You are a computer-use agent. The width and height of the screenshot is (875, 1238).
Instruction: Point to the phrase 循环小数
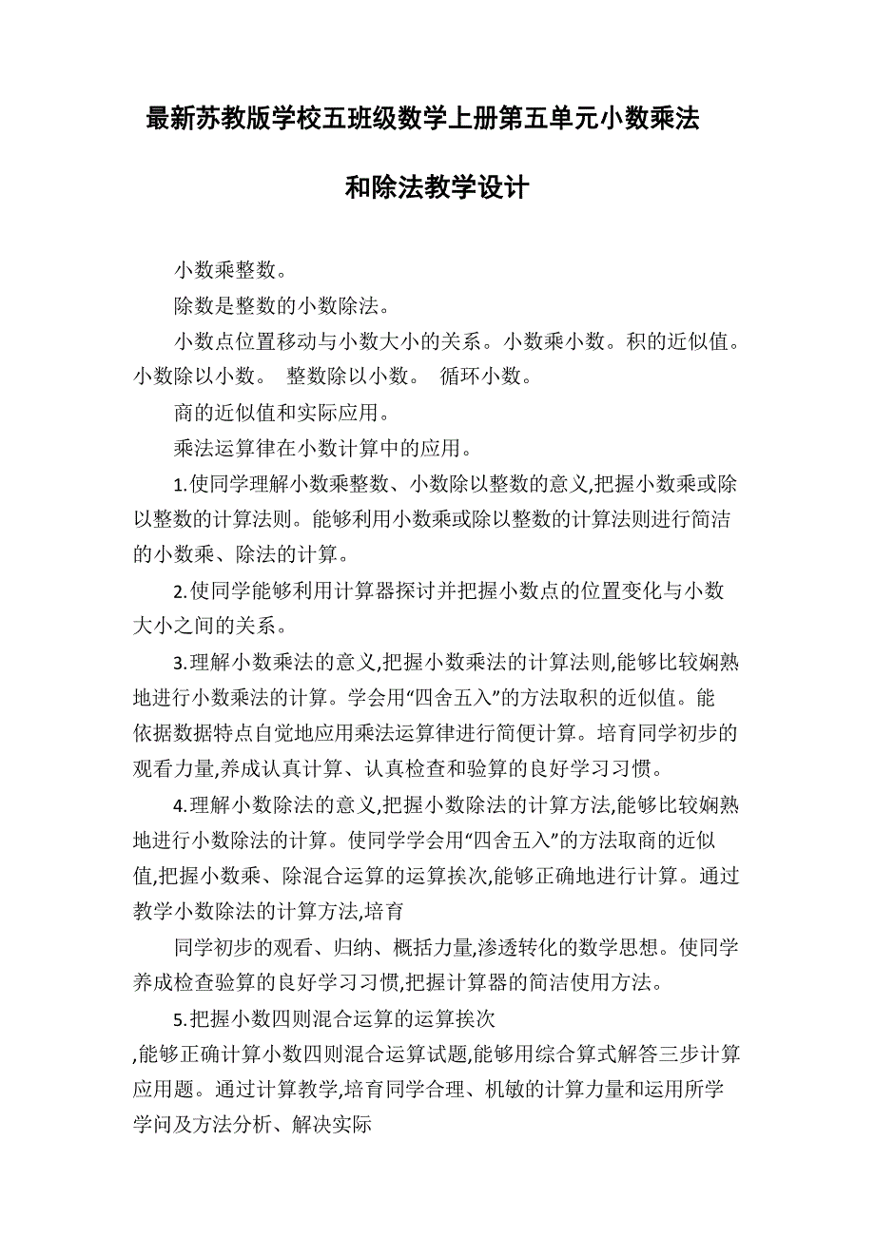point(480,376)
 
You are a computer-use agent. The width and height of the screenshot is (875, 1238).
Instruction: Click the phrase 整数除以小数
point(347,376)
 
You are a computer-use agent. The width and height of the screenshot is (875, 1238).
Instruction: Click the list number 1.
point(178,484)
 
